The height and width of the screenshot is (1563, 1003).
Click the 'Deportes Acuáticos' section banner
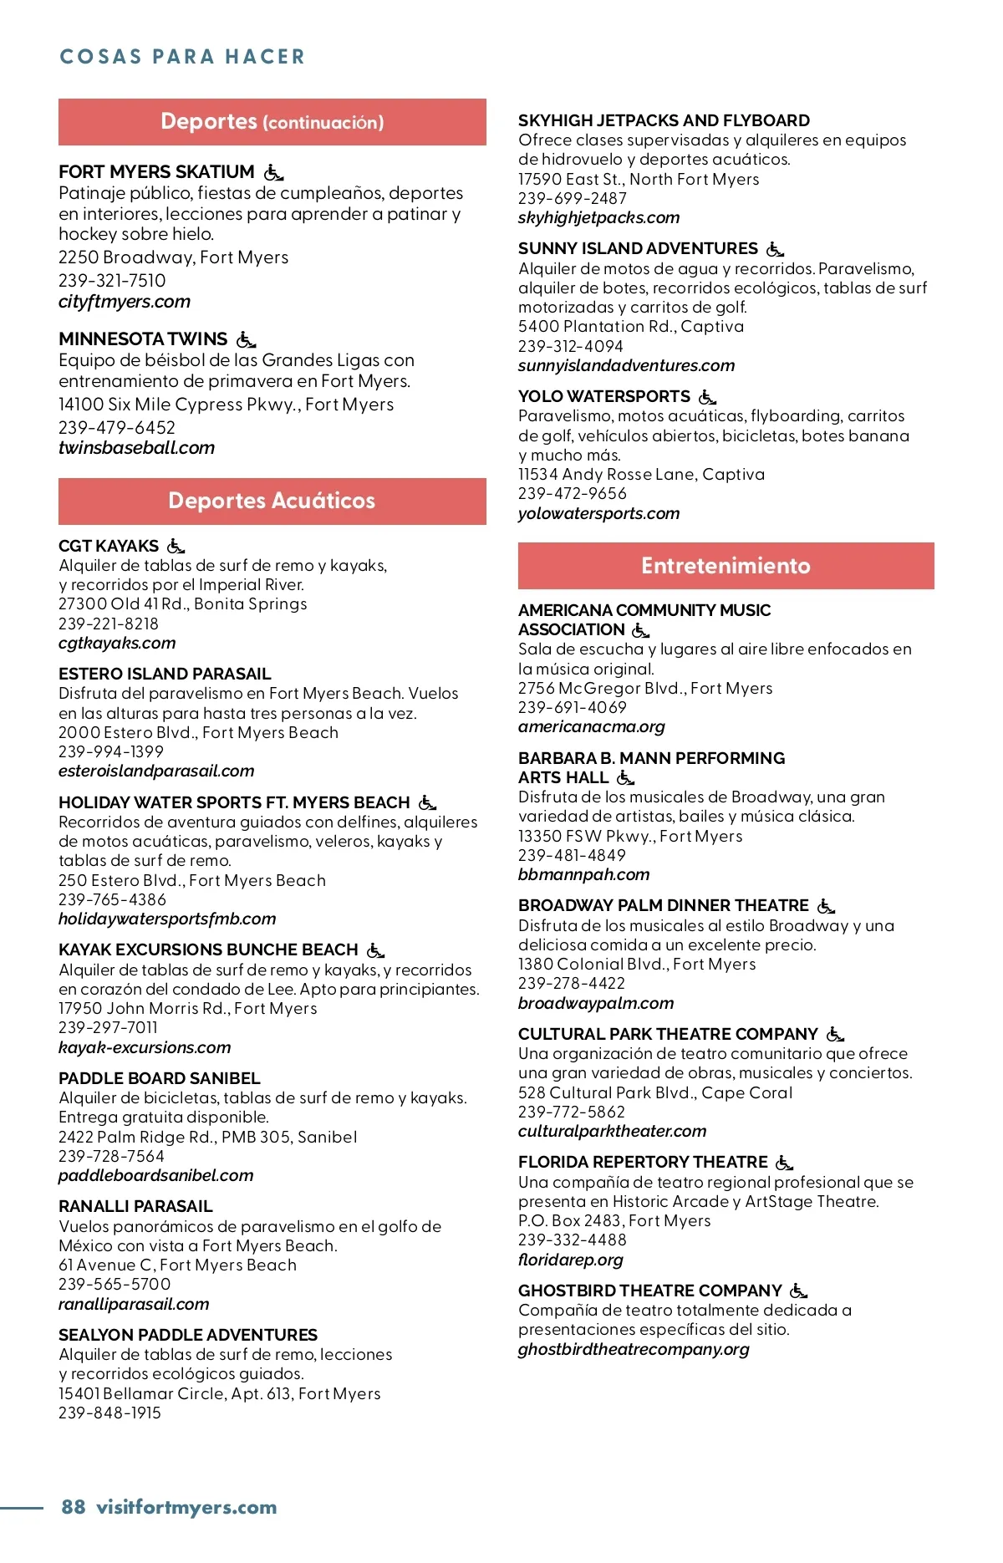tap(272, 501)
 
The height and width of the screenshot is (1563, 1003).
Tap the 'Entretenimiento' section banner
tap(726, 566)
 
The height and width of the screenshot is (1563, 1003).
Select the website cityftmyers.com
tap(125, 302)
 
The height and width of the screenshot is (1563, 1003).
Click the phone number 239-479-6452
tap(117, 427)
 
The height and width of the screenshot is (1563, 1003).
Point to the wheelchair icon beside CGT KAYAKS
tap(176, 547)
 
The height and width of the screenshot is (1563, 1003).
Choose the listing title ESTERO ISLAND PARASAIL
tap(165, 674)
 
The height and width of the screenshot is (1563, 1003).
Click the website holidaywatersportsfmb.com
tap(167, 919)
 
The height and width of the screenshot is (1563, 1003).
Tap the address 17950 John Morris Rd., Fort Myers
tap(188, 1008)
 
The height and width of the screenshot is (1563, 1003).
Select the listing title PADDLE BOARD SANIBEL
tap(160, 1078)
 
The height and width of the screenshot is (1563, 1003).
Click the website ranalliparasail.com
tap(134, 1304)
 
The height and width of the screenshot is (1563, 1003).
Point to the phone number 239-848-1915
tap(109, 1413)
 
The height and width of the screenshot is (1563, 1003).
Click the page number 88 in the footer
tap(74, 1507)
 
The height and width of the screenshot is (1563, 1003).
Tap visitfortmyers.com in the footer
tap(186, 1507)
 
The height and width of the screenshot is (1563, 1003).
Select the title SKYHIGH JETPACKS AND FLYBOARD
tap(664, 120)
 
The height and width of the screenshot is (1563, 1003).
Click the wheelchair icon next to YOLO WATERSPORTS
tap(707, 397)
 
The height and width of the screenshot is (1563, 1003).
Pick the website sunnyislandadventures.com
tap(626, 365)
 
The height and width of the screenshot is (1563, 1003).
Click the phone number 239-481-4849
tap(572, 855)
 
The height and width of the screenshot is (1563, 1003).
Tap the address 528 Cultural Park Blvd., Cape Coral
tap(655, 1092)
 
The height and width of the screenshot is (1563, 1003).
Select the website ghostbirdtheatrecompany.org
tap(634, 1349)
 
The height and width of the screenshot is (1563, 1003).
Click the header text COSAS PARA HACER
tap(182, 57)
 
